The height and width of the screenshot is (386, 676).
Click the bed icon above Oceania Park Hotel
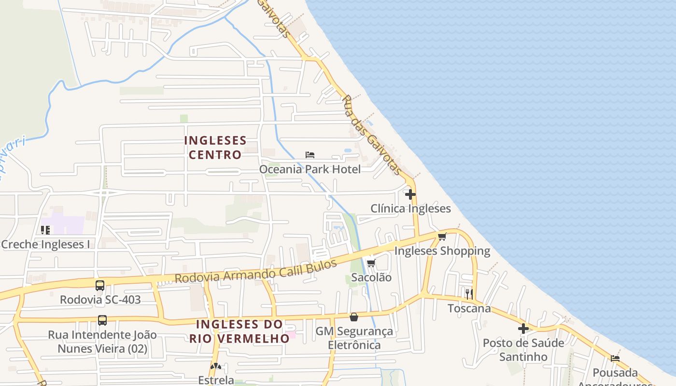tap(310, 154)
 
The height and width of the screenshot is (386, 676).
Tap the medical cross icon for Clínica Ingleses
tap(410, 194)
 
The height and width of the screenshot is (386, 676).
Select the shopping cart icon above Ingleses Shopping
tap(442, 236)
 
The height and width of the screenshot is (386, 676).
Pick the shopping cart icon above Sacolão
tap(371, 263)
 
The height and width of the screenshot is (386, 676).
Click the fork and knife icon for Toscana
tap(469, 294)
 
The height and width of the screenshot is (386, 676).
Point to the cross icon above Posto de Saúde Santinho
tap(523, 329)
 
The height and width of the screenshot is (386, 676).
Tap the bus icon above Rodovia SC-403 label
tap(100, 285)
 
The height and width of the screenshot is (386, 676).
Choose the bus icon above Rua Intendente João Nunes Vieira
tap(102, 320)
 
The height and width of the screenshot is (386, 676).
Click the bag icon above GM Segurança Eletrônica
tap(354, 317)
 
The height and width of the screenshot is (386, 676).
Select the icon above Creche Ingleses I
tap(45, 230)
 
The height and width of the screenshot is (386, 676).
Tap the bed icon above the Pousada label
tap(615, 358)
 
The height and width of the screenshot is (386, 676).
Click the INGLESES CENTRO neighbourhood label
tap(215, 148)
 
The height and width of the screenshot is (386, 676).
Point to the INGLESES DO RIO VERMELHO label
tap(239, 331)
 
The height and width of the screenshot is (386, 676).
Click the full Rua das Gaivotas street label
tap(371, 135)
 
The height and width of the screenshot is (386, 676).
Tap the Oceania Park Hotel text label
tap(310, 169)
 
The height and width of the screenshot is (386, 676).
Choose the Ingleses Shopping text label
tap(442, 251)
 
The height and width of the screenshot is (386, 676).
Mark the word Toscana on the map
tap(469, 308)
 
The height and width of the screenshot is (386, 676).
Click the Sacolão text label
tap(371, 277)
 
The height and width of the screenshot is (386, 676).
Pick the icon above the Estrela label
tap(215, 367)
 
